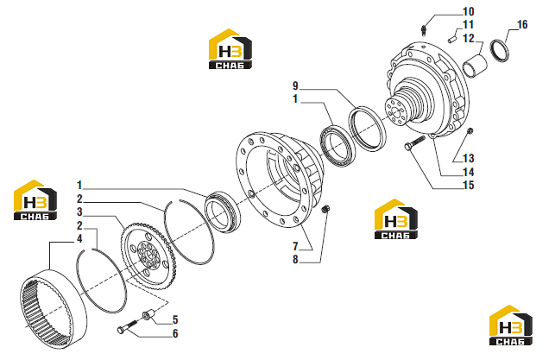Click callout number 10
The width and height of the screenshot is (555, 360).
[x=469, y=12]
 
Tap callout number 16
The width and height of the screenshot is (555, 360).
[x=522, y=25]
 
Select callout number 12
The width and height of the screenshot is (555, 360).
[x=469, y=38]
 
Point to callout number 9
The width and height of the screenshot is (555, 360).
[x=295, y=86]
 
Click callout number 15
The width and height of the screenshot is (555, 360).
[x=469, y=185]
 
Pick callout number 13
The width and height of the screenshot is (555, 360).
[x=469, y=158]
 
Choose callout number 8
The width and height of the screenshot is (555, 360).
[x=295, y=260]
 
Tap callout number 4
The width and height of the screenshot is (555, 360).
[x=79, y=239]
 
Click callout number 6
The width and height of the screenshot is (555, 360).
[x=175, y=333]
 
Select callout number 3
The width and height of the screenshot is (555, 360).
[x=79, y=212]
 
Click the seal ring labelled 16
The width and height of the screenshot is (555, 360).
[x=500, y=50]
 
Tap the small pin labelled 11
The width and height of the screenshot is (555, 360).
[x=451, y=40]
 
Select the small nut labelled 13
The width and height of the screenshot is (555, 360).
[x=470, y=131]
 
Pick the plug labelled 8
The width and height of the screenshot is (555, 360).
[x=325, y=209]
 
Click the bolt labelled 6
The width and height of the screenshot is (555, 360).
[x=128, y=326]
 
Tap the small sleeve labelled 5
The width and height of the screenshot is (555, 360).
[x=149, y=314]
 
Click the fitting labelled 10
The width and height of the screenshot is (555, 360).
[x=425, y=31]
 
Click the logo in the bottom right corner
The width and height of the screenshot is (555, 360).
[x=511, y=325]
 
